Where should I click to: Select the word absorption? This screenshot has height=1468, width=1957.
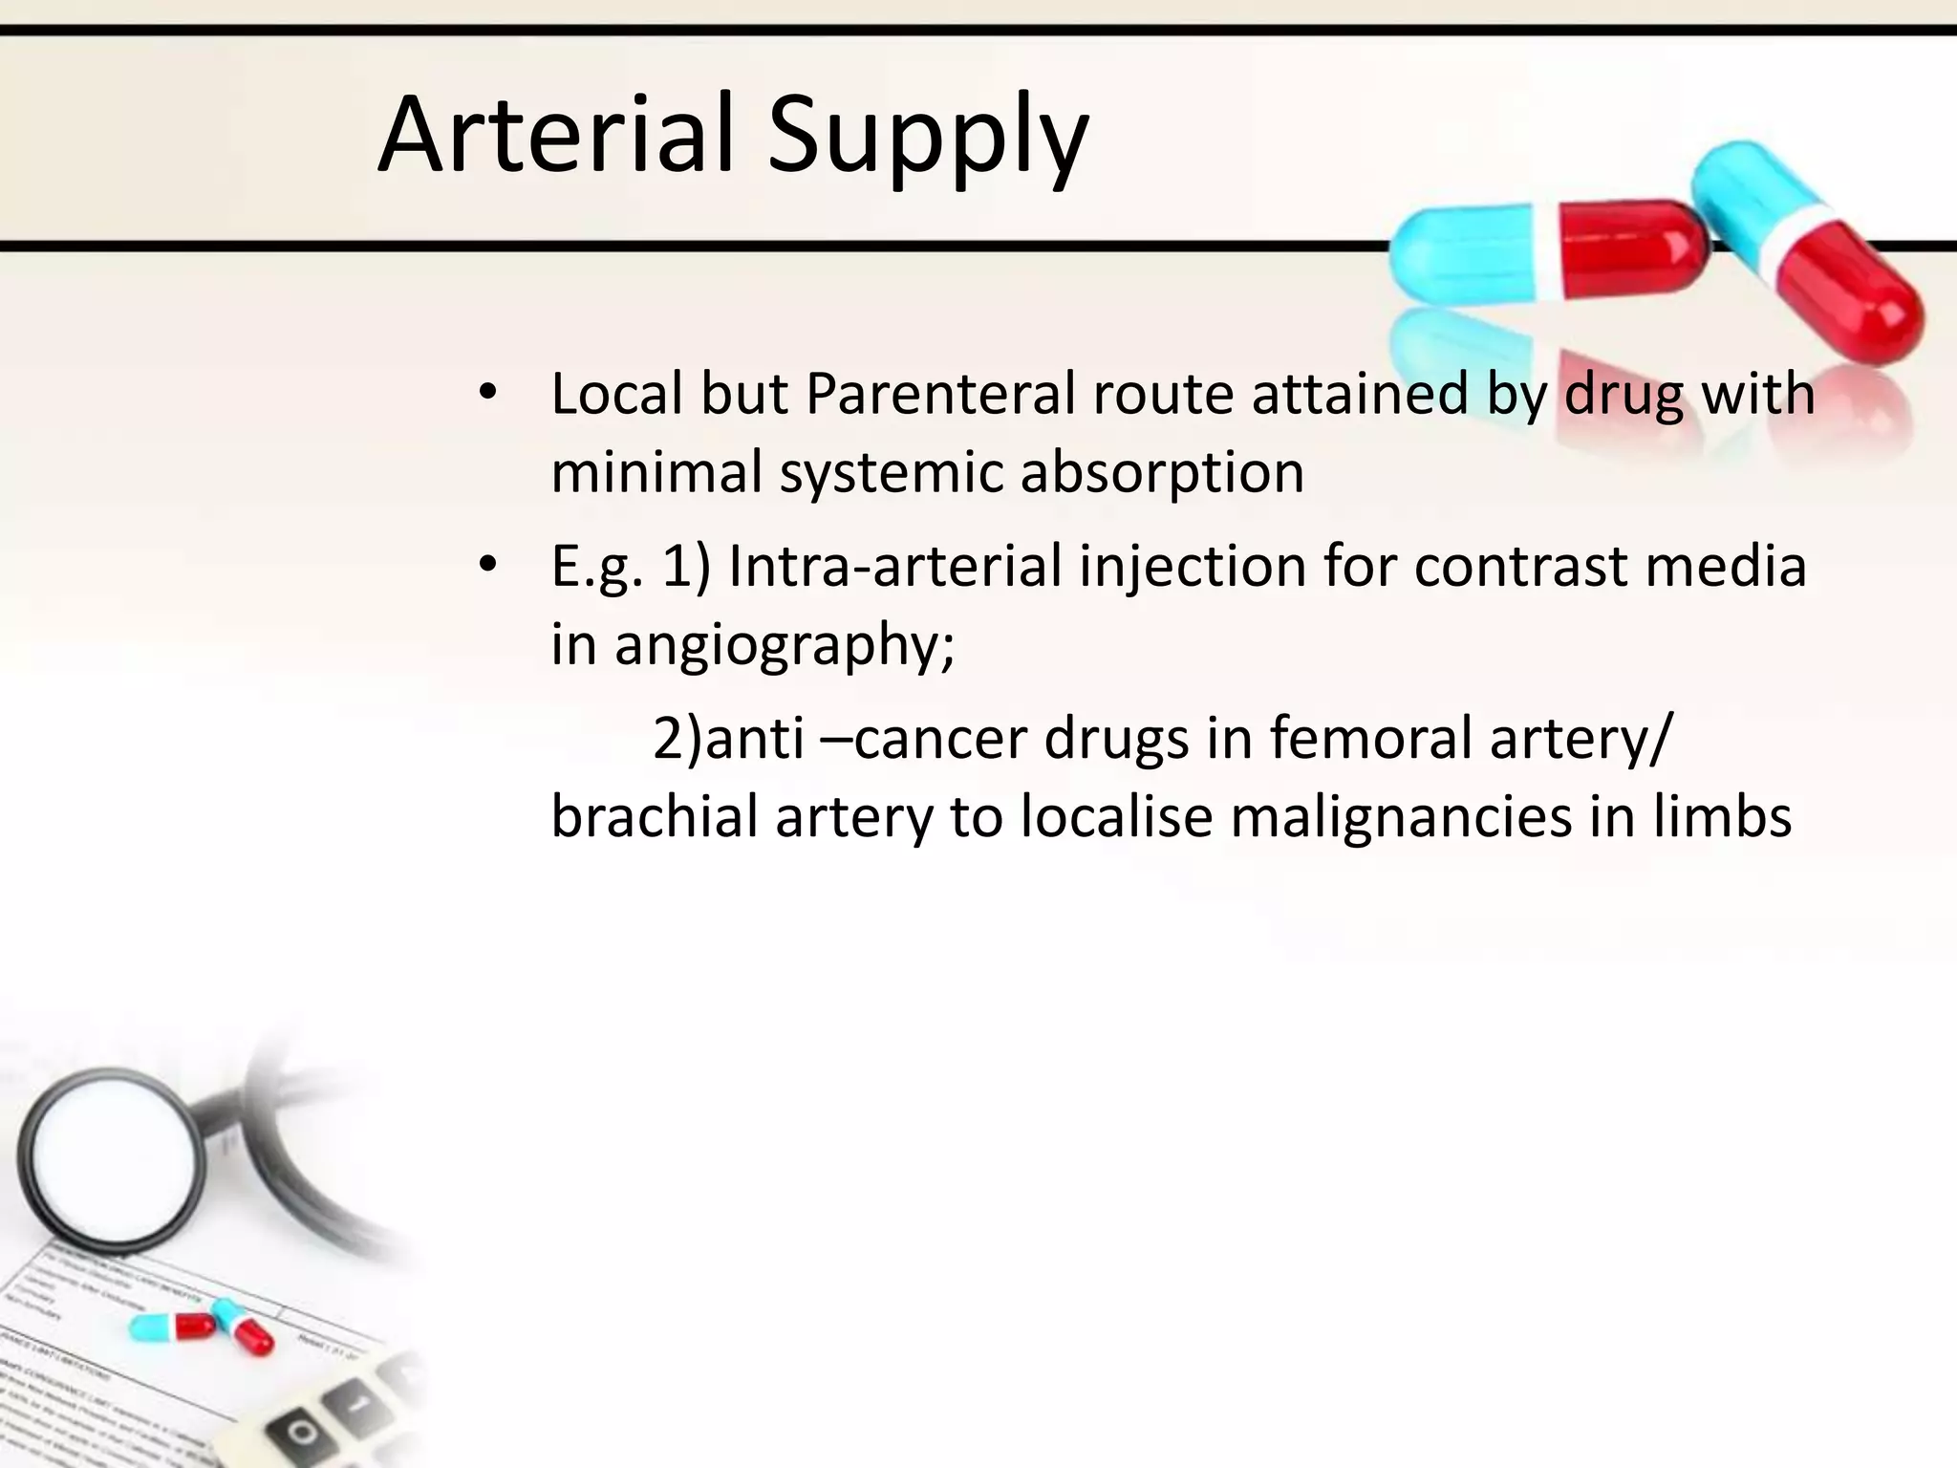click(x=1161, y=474)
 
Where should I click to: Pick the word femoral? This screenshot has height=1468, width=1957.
click(x=1370, y=738)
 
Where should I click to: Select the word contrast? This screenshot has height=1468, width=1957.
click(x=1519, y=566)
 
